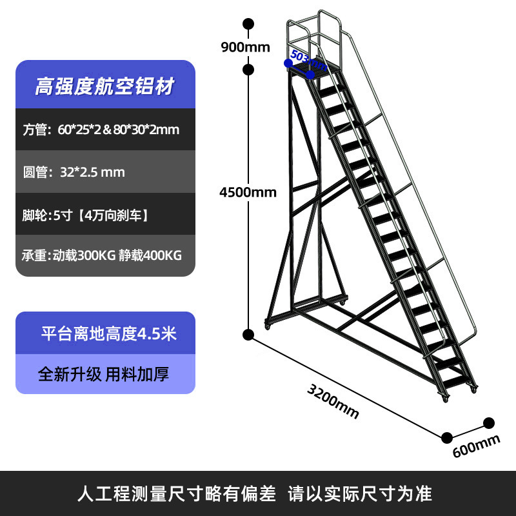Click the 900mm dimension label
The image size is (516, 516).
pyautogui.click(x=244, y=46)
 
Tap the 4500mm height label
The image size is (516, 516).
pyautogui.click(x=248, y=192)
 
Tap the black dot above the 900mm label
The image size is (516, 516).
pyautogui.click(x=248, y=25)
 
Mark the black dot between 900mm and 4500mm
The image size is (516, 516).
pyautogui.click(x=248, y=68)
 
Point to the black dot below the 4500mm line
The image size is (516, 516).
pyautogui.click(x=248, y=334)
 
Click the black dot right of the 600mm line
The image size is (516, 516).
pyautogui.click(x=489, y=423)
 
